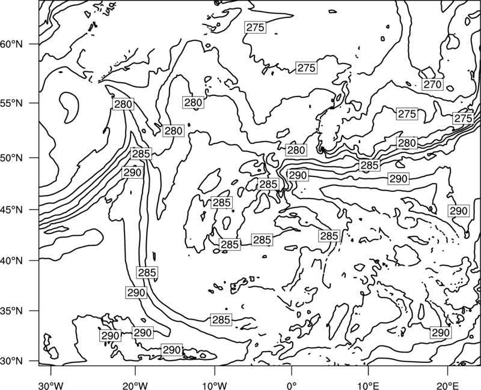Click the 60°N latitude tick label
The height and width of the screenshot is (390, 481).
click(11, 44)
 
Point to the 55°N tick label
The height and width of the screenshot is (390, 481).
click(11, 103)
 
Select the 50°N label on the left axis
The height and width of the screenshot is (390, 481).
click(11, 158)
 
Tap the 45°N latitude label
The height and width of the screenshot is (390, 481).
click(11, 209)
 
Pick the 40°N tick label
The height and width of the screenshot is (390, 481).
click(11, 261)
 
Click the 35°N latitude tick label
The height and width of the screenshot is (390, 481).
click(11, 311)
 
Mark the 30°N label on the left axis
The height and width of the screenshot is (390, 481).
click(11, 361)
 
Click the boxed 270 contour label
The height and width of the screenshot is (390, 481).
click(432, 84)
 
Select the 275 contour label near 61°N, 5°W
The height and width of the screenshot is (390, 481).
click(255, 27)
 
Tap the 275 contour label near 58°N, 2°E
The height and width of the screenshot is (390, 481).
click(307, 68)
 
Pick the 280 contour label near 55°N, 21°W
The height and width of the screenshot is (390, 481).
click(123, 104)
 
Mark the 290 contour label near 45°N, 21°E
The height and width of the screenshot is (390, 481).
click(458, 211)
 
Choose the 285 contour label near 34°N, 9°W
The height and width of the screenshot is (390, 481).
click(221, 320)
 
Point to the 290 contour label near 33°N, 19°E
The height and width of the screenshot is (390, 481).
click(441, 332)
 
